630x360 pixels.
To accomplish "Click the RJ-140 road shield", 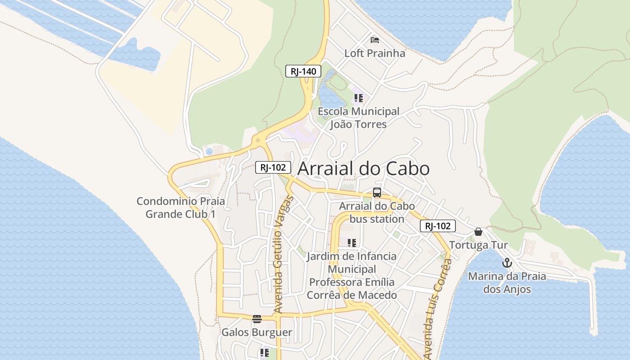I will pos(303,71).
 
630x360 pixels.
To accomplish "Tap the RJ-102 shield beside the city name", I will pos(273,167).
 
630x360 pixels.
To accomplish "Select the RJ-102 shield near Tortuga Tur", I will pos(438,226).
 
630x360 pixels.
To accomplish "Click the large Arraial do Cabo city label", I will pos(364,169).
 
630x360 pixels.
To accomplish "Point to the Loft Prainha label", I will pos(374,53).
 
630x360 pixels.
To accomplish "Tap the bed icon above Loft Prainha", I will pos(374,40).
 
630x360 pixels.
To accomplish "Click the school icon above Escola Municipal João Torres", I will pos(358,98).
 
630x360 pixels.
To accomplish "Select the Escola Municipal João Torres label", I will pos(358,117).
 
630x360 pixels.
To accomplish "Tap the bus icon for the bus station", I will pos(377,193).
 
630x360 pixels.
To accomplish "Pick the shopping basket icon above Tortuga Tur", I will pos(478,232).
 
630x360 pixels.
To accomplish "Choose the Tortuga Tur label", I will pos(478,245).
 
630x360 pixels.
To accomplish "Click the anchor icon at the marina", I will pos(507,263).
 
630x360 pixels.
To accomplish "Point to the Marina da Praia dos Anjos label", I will pos(507,283).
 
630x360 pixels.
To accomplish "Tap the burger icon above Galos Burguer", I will pos(257,319).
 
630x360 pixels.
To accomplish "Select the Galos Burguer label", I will pos(257,333).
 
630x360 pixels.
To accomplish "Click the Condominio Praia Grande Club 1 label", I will pos(180,207).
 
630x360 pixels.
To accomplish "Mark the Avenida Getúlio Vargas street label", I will pos(283,254).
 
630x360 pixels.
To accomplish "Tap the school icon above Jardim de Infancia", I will pos(352,243).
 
